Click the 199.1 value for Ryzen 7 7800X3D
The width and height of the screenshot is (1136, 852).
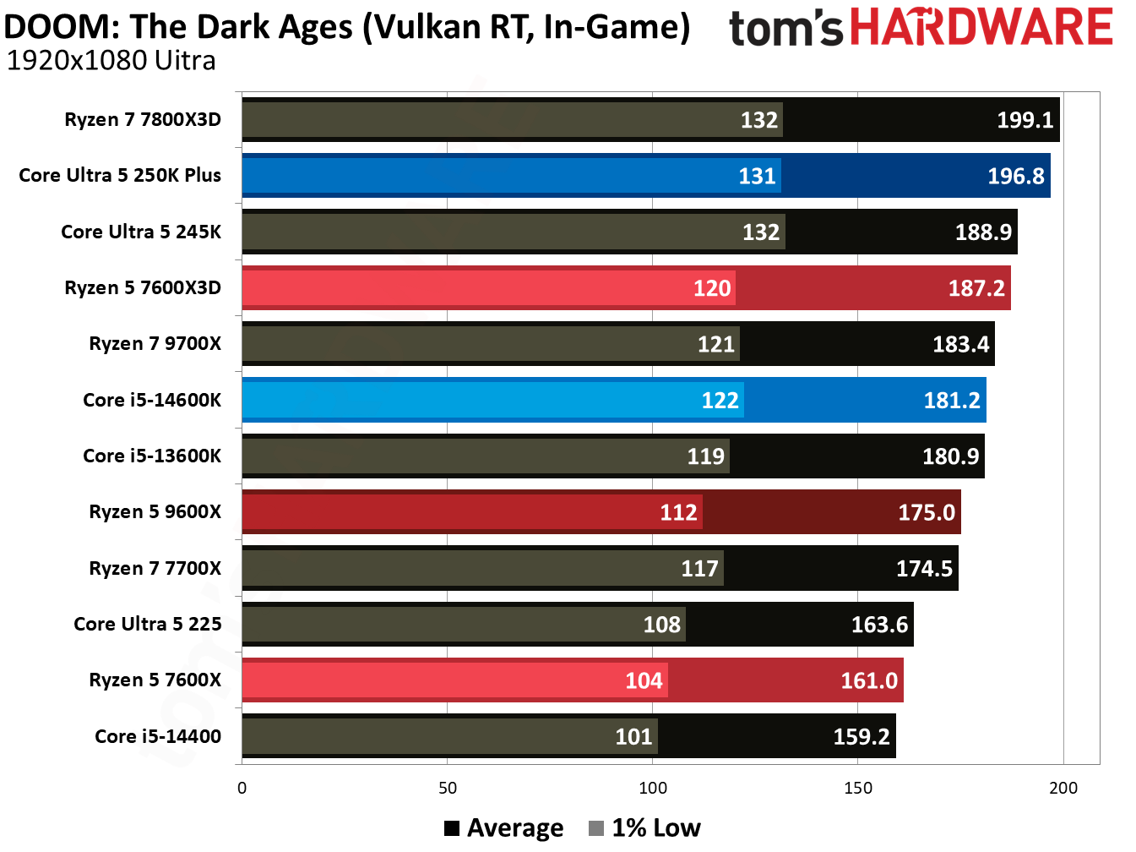[x=1025, y=120]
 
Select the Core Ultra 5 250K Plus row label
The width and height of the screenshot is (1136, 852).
[x=120, y=176]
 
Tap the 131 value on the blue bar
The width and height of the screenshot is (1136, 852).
[x=757, y=176]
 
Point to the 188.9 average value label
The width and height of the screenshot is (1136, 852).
[x=983, y=232]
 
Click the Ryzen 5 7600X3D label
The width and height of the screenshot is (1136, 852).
[x=143, y=288]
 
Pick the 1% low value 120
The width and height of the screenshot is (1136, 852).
[x=712, y=288]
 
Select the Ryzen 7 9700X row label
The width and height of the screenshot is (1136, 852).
[x=155, y=344]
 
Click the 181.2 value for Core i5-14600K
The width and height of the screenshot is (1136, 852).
[x=952, y=400]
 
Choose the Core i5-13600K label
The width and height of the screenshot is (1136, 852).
[x=152, y=456]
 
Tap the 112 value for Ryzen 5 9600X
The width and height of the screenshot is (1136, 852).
[x=678, y=512]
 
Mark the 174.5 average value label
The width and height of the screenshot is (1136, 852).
[x=924, y=569]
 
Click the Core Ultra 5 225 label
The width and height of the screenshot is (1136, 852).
[x=148, y=625]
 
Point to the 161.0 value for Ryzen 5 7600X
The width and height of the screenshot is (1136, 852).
[x=869, y=680]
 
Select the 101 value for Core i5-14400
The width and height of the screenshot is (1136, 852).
[x=633, y=737]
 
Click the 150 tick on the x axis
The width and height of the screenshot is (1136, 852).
[x=858, y=789]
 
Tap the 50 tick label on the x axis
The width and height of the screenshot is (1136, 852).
[x=448, y=789]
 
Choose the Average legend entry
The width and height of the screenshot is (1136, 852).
[x=504, y=828]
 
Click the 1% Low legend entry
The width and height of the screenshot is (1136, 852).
[x=645, y=828]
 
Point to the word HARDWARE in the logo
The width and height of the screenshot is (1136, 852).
[x=981, y=27]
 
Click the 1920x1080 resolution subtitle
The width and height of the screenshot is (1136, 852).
[x=111, y=61]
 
